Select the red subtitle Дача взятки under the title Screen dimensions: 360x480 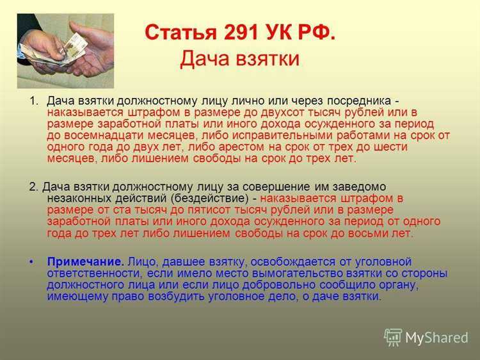(x=239, y=58)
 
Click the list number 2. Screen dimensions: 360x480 (x=33, y=187)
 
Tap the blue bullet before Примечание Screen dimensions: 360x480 (x=33, y=262)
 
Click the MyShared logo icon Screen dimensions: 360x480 (x=393, y=337)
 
